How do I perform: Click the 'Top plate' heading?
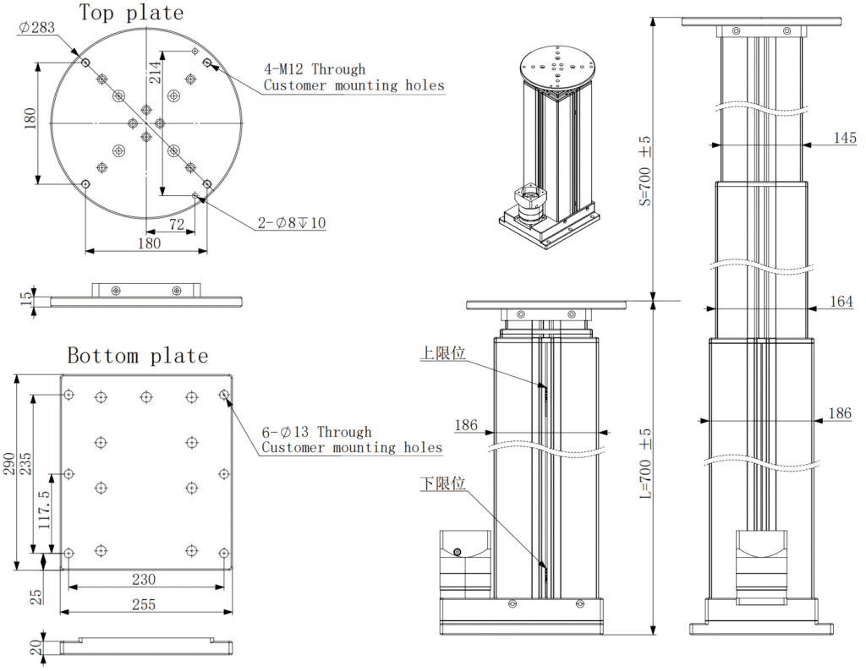click(x=131, y=12)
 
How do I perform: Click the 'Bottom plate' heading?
click(x=137, y=355)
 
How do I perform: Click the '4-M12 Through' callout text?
click(x=315, y=69)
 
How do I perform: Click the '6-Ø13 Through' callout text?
click(x=316, y=432)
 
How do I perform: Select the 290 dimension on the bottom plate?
click(x=9, y=473)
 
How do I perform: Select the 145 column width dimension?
click(x=844, y=139)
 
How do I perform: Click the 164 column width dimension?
click(x=841, y=302)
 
